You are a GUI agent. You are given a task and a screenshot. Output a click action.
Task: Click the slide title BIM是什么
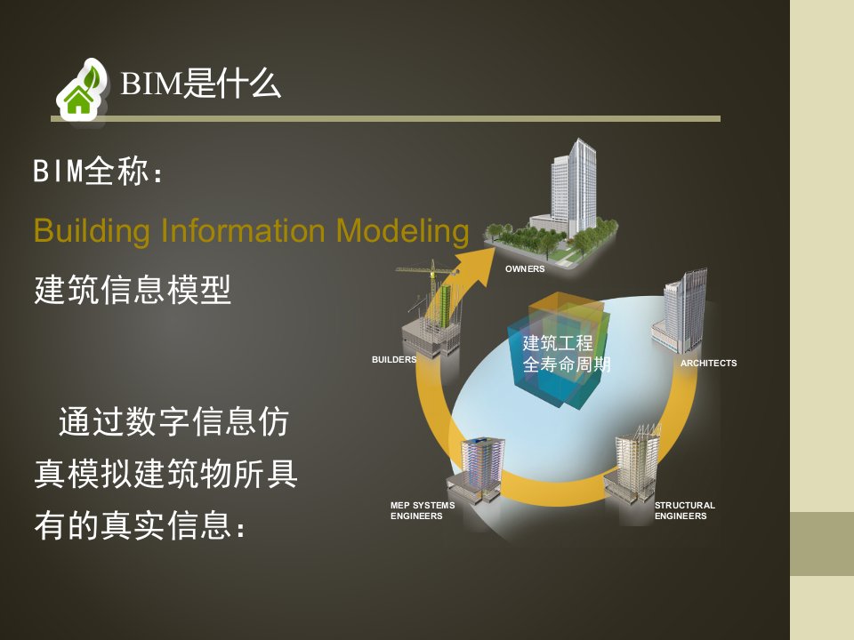pos(200,84)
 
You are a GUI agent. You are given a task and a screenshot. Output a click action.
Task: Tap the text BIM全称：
pos(98,171)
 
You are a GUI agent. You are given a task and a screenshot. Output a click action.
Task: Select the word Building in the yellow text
pos(92,231)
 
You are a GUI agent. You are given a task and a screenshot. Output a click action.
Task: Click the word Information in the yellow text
pos(243,230)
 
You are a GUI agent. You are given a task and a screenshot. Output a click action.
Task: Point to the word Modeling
pos(402,231)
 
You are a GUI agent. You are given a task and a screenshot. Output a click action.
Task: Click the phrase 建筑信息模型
pos(133,290)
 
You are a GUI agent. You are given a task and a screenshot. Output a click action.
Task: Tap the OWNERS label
pos(525,268)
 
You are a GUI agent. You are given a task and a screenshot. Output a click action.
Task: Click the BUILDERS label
pos(394,360)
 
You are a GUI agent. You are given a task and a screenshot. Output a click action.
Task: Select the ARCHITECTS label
pos(708,363)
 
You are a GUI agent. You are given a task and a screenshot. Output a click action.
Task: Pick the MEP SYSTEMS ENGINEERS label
pos(422,510)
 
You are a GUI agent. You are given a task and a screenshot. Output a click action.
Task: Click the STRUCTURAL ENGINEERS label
pos(685,510)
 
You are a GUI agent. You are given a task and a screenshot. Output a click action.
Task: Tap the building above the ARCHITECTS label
pos(681,312)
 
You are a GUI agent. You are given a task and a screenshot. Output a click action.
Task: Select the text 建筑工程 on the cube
pos(558,343)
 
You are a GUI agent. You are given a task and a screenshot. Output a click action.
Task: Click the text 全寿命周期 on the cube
pos(567,364)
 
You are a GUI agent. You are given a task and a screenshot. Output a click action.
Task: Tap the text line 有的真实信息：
pos(141,525)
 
